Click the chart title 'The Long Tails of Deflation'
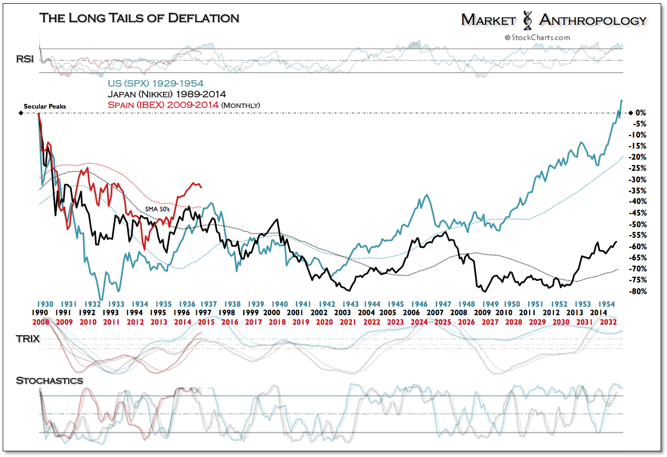tap(139, 18)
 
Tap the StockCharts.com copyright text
tap(537, 37)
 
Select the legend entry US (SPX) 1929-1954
tap(155, 83)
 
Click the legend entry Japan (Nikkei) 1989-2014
tap(166, 94)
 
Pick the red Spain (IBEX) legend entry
tap(184, 105)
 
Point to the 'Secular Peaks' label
tap(45, 106)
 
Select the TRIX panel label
tap(27, 338)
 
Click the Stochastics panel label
tap(49, 380)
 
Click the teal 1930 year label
tap(45, 304)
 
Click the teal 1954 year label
tap(609, 304)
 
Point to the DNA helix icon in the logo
tap(527, 20)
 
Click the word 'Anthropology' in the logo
tap(593, 20)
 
